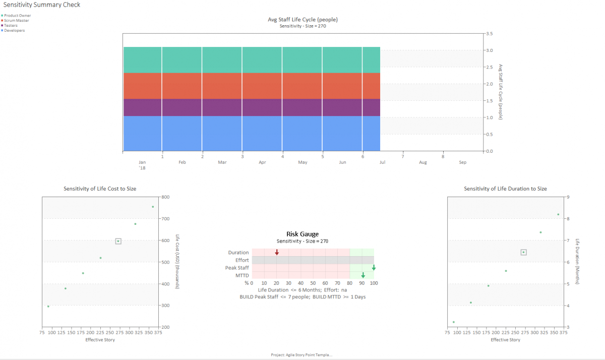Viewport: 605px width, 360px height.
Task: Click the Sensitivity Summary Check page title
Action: (42, 5)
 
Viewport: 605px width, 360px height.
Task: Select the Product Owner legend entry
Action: (17, 16)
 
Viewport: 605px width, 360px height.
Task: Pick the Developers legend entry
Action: (15, 30)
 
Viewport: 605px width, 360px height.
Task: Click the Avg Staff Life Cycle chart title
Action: (302, 20)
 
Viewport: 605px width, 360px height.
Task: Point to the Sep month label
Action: (462, 163)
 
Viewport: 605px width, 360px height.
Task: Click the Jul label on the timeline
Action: (383, 163)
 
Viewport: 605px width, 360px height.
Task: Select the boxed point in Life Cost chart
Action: (118, 242)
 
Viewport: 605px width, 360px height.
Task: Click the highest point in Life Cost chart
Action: (153, 207)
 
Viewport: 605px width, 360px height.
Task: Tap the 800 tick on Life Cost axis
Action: (165, 197)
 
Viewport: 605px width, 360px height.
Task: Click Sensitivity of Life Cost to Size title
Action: (100, 189)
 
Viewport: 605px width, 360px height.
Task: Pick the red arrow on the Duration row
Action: (277, 252)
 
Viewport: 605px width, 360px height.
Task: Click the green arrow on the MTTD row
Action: (362, 275)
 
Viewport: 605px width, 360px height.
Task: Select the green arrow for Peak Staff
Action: (374, 268)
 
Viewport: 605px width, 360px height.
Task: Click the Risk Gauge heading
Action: (302, 234)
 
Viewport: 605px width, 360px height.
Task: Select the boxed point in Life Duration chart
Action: (523, 252)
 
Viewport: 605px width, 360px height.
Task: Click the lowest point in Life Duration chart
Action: (453, 322)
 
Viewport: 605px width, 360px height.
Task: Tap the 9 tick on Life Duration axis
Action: (568, 197)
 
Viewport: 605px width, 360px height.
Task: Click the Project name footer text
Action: (301, 355)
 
